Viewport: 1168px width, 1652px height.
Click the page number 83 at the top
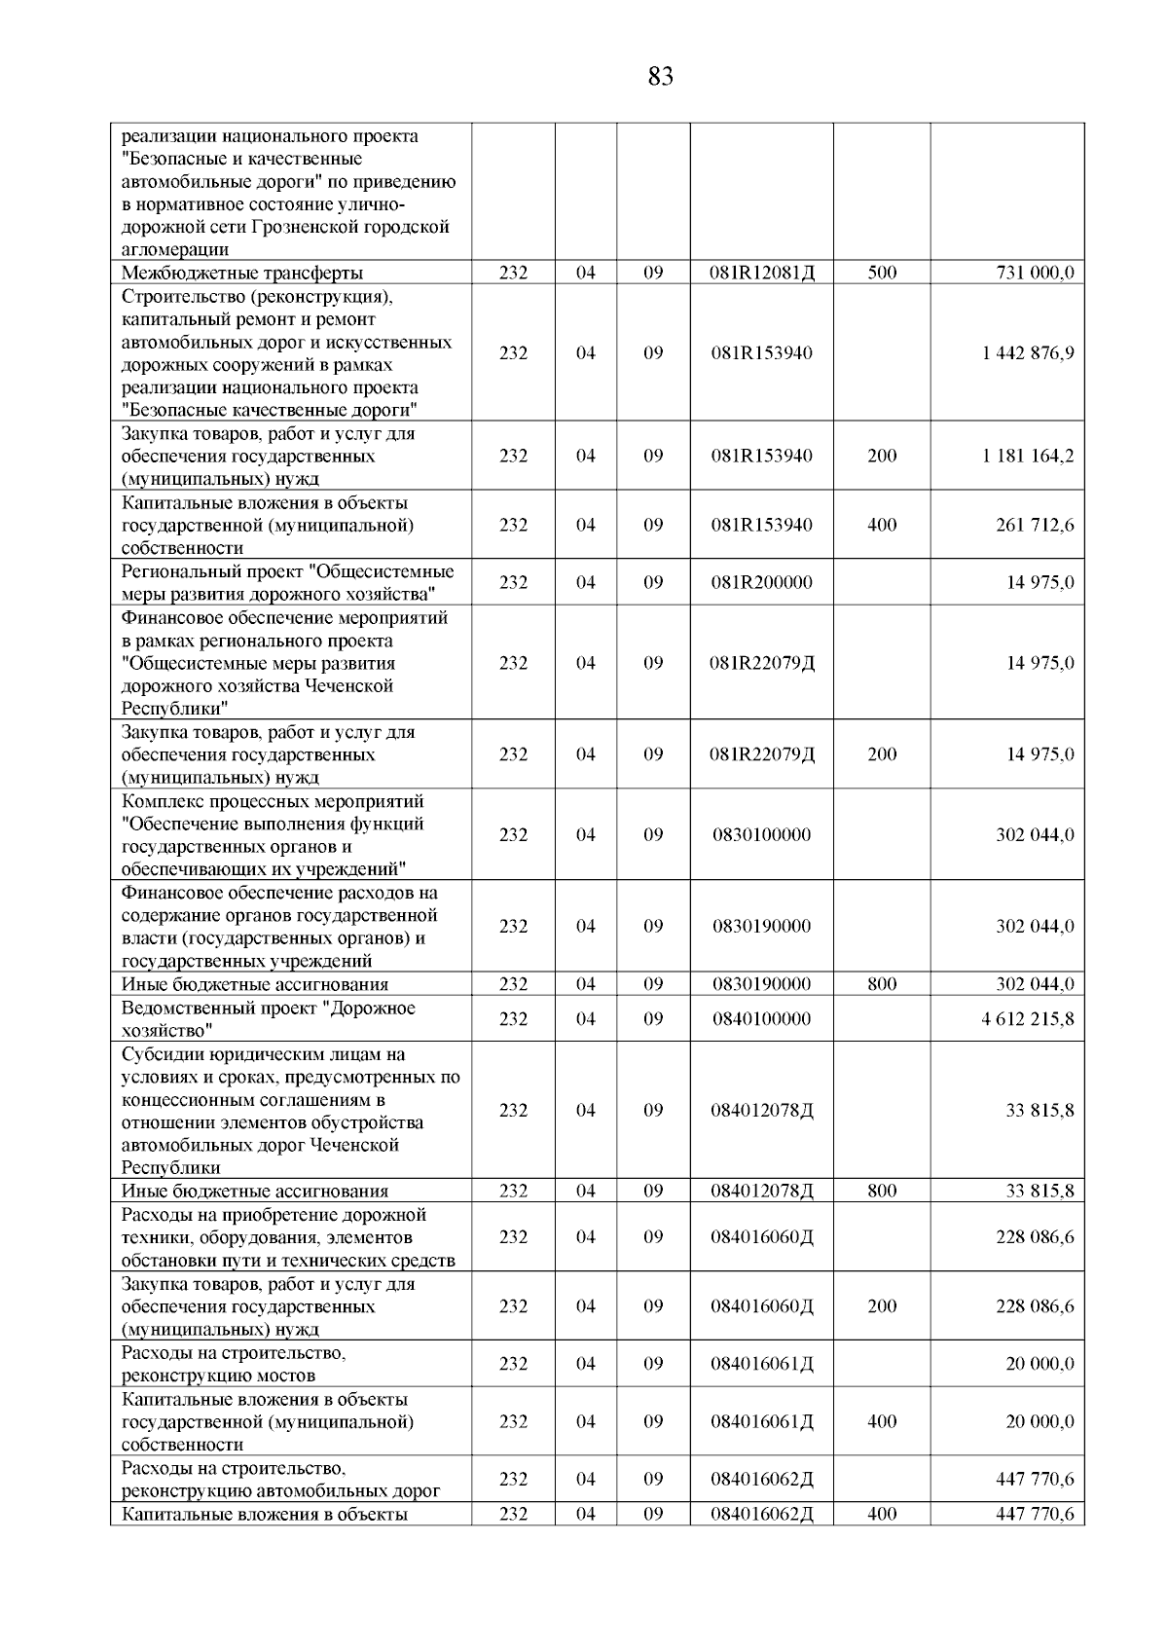click(x=660, y=77)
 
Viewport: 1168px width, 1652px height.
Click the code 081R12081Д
click(x=762, y=274)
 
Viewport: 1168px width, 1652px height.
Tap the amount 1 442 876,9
click(x=1028, y=353)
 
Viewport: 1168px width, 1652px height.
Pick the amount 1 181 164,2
click(x=1028, y=457)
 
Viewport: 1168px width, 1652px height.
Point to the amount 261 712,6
click(x=1035, y=526)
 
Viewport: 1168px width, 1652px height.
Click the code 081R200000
click(x=762, y=583)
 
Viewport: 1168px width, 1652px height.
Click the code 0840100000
click(x=762, y=1019)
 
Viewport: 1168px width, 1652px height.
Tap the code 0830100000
click(x=762, y=835)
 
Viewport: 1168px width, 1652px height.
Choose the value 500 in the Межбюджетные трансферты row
click(x=882, y=274)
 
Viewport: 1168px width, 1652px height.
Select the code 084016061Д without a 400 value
click(x=762, y=1365)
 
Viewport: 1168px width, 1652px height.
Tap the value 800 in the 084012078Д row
click(x=882, y=1192)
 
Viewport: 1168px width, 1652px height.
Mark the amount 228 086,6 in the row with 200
click(x=1035, y=1307)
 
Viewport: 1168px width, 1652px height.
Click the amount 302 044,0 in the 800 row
click(x=1035, y=985)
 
